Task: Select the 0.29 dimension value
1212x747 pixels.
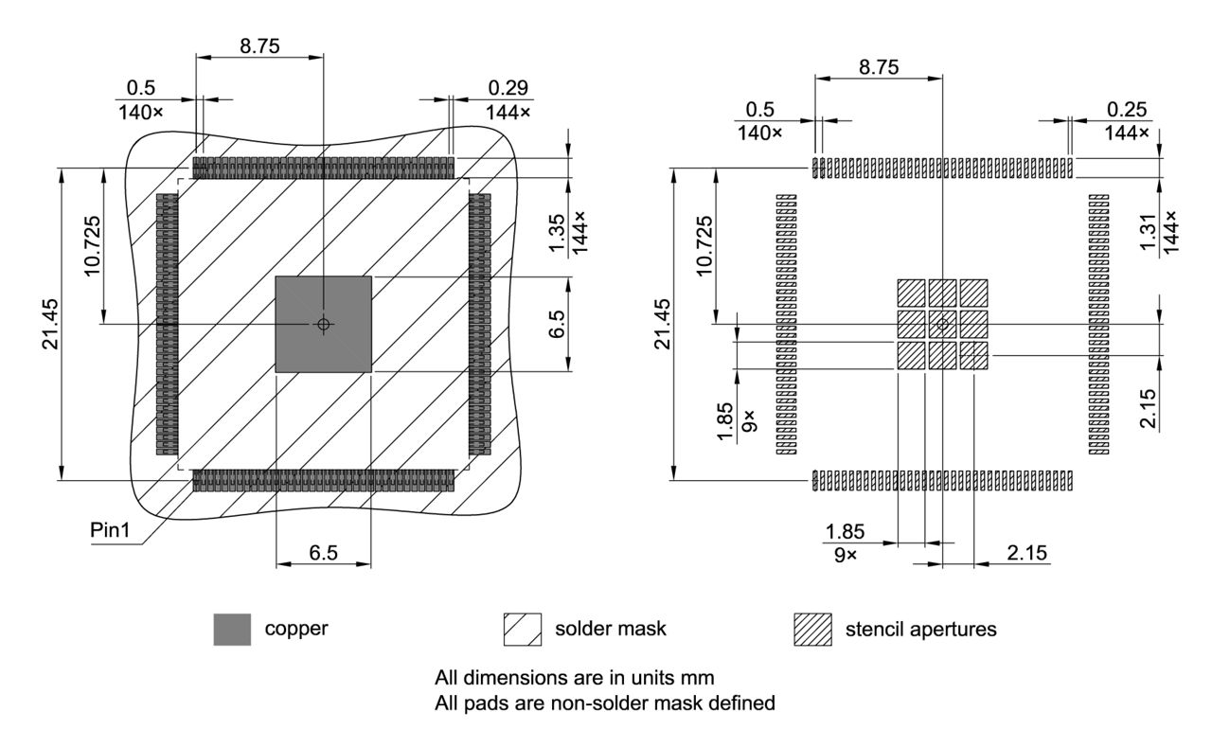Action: point(508,87)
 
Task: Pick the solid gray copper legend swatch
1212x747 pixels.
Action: point(232,630)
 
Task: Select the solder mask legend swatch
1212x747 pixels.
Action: point(523,630)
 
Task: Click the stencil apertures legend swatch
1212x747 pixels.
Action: point(811,630)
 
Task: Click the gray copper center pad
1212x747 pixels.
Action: point(323,324)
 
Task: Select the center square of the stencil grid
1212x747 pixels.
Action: point(942,324)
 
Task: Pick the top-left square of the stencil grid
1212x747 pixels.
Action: point(911,293)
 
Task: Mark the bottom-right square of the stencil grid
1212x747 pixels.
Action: point(973,355)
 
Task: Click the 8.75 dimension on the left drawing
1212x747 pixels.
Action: point(259,44)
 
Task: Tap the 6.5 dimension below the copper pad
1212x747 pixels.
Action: point(323,553)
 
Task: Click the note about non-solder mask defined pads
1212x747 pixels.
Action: point(605,703)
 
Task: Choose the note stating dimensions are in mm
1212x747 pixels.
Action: point(574,679)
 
